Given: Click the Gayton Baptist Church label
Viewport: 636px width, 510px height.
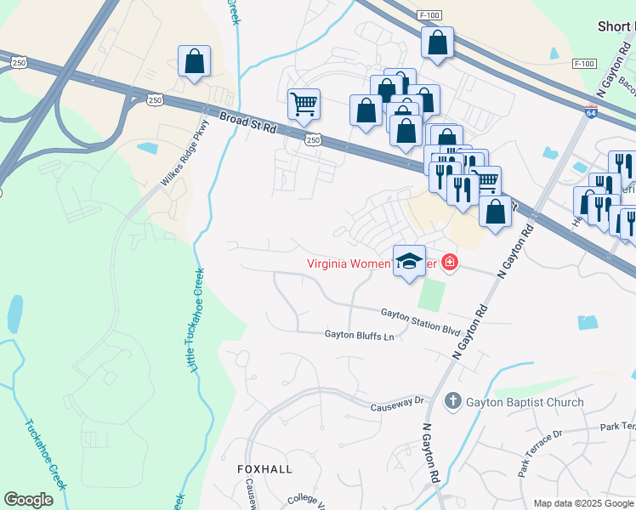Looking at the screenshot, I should (525, 402).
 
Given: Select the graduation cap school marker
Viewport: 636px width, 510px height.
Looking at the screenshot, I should (409, 260).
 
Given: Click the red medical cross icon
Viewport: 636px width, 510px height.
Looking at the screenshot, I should (448, 263).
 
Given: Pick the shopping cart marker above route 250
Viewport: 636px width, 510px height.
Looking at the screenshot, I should (304, 105).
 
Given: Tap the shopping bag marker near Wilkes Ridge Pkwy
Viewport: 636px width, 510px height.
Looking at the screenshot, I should (194, 61).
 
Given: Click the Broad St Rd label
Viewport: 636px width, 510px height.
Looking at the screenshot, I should (248, 123).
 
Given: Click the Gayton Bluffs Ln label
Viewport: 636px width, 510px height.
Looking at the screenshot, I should (360, 336).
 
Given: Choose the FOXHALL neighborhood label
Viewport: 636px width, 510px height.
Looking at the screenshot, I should (264, 469).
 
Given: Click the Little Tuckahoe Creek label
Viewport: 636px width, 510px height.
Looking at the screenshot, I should (196, 320).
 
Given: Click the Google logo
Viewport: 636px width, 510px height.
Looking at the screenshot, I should (29, 500).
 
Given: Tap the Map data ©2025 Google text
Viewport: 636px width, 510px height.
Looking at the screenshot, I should (583, 503).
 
